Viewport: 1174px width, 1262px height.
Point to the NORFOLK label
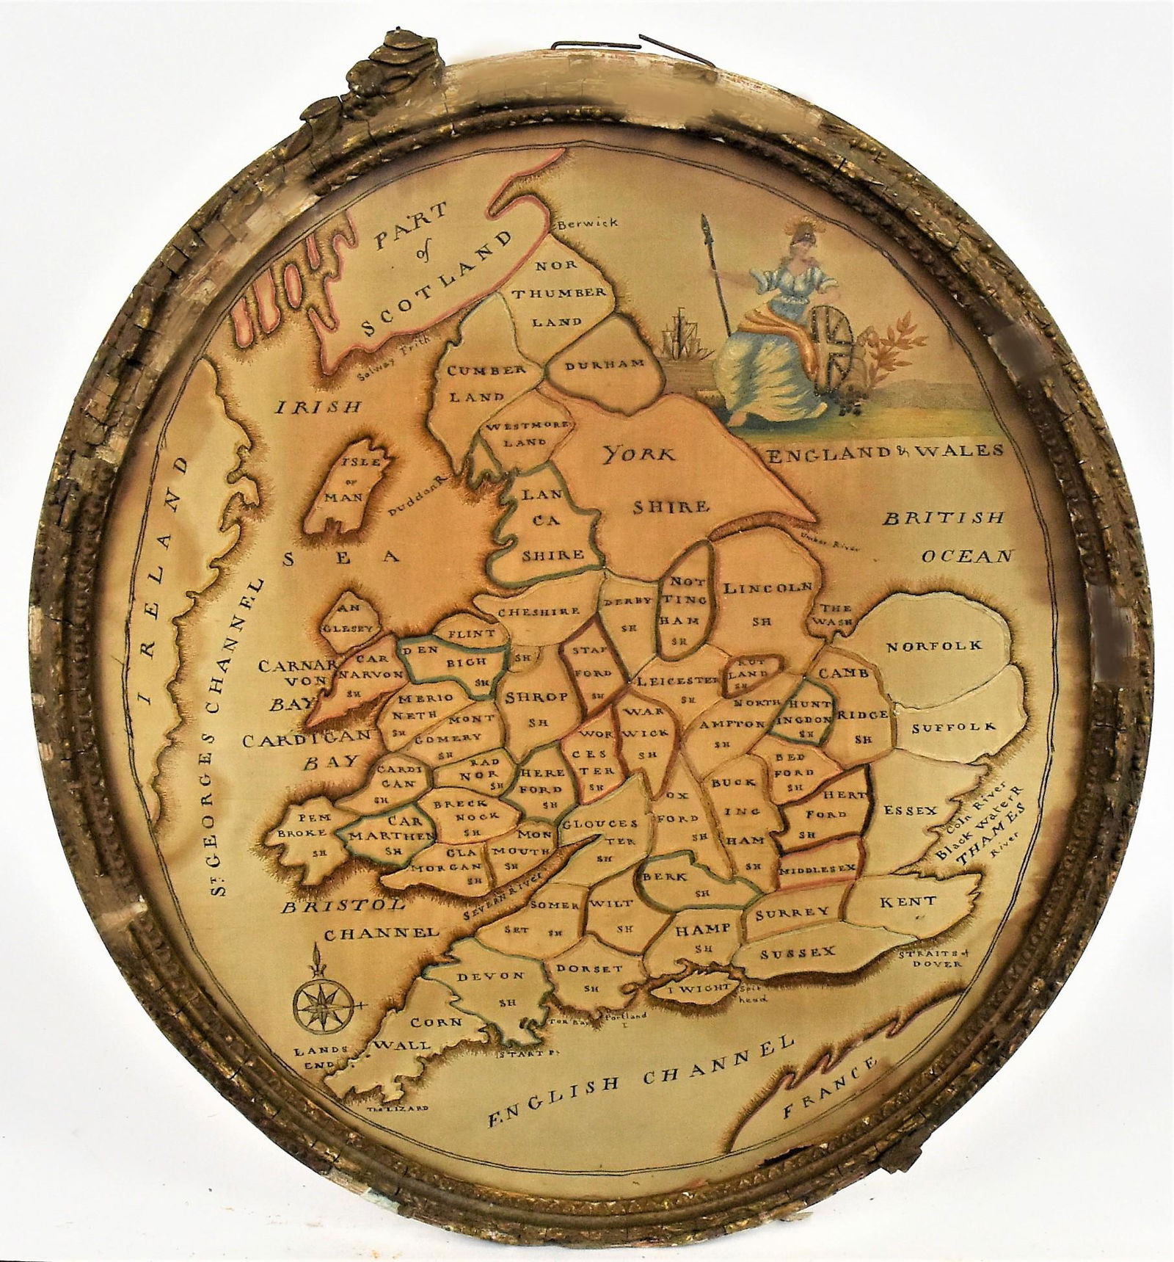pos(933,646)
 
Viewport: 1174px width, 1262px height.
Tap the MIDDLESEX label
pos(818,868)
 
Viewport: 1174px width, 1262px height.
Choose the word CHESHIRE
pos(539,611)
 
